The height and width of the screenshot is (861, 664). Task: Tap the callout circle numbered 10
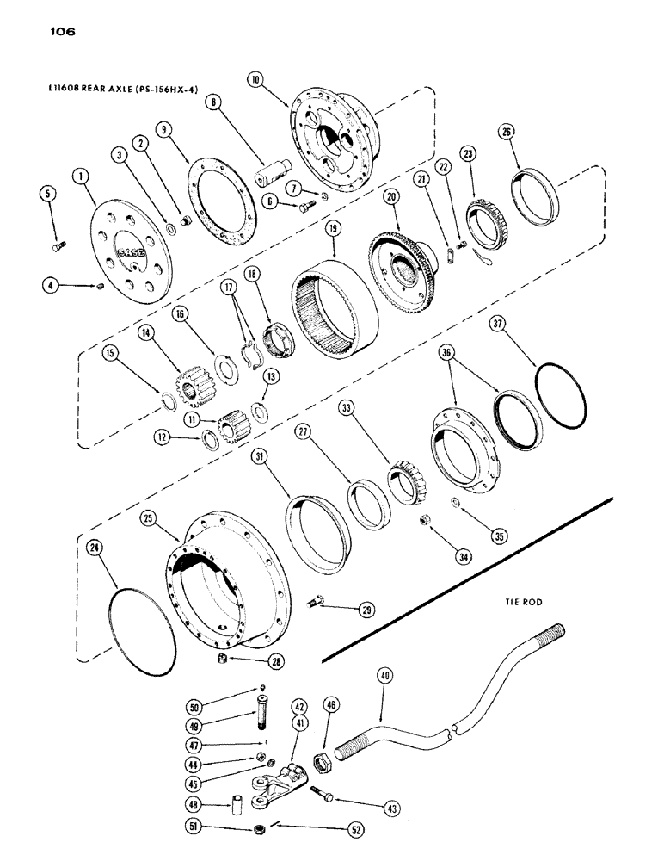(255, 79)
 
